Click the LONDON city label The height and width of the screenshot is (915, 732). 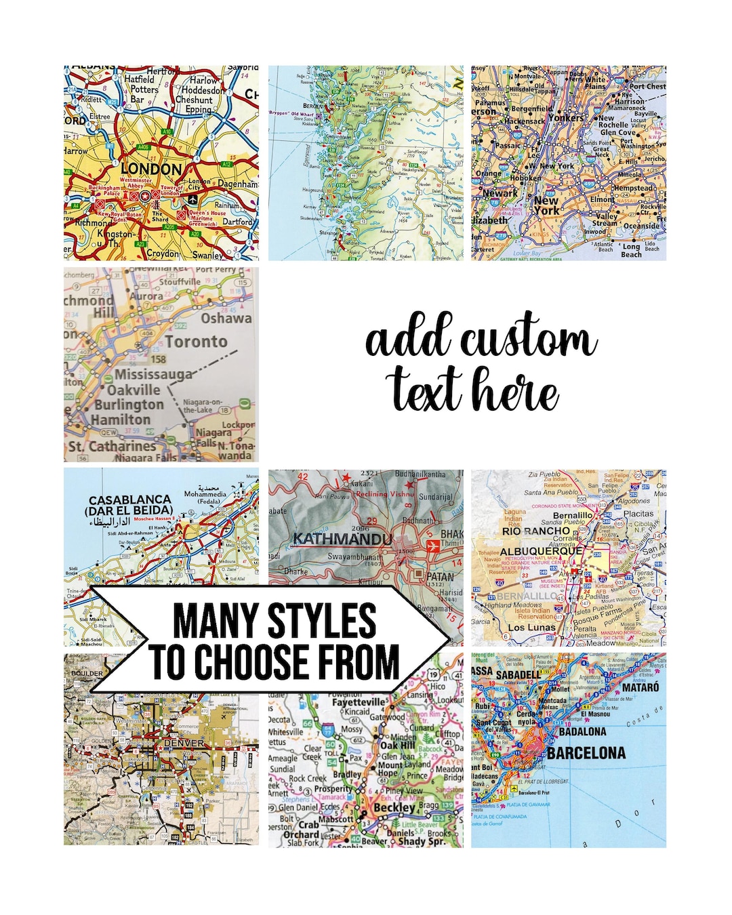pos(151,169)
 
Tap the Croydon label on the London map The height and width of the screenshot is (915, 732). pos(163,253)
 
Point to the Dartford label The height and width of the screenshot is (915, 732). pos(237,222)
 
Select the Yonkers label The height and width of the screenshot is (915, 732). pos(565,117)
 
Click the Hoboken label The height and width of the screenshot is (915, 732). pos(525,179)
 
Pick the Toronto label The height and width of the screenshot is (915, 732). pos(197,341)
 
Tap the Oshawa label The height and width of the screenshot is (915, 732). pos(226,318)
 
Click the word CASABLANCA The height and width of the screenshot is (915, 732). pos(129,500)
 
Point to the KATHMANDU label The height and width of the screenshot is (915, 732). pos(342,539)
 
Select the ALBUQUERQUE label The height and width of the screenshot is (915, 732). pos(541,551)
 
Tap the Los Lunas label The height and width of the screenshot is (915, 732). pos(531,627)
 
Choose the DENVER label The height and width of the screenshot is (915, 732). pos(184,743)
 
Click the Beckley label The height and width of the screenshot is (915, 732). pos(394,807)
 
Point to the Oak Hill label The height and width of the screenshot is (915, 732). pos(397,746)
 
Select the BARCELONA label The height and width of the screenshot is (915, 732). pos(586,753)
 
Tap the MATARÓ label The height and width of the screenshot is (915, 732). pos(640,687)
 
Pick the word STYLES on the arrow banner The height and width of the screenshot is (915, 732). pos(322,621)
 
